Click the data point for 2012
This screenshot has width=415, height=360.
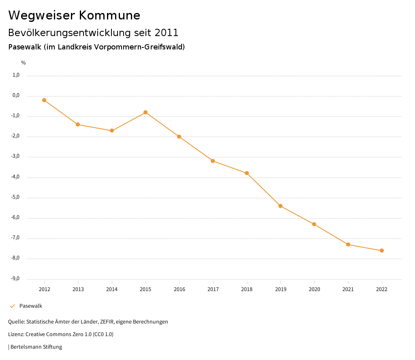[x=44, y=100]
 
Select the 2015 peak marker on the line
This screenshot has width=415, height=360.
[x=145, y=112]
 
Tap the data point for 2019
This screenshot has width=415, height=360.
[x=280, y=206]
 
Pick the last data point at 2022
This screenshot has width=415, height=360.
[x=382, y=251]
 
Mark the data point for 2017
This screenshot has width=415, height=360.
[x=213, y=161]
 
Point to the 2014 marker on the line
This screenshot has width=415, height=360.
[x=112, y=131]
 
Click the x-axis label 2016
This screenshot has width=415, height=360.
[x=179, y=289]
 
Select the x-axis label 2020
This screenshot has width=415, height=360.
[x=314, y=289]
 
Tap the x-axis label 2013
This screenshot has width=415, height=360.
[x=78, y=289]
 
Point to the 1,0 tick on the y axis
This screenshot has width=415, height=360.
[x=16, y=75]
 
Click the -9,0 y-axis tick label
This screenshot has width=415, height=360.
[x=15, y=279]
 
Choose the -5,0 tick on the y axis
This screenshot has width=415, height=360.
[x=15, y=197]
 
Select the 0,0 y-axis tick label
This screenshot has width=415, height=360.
[x=16, y=95]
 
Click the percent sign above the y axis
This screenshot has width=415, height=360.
[x=24, y=62]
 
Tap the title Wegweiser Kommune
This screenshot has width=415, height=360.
[x=74, y=15]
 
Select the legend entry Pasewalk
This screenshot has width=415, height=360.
[x=30, y=306]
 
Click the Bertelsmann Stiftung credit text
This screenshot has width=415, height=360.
[x=36, y=347]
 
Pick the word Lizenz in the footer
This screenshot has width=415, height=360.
[x=15, y=334]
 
